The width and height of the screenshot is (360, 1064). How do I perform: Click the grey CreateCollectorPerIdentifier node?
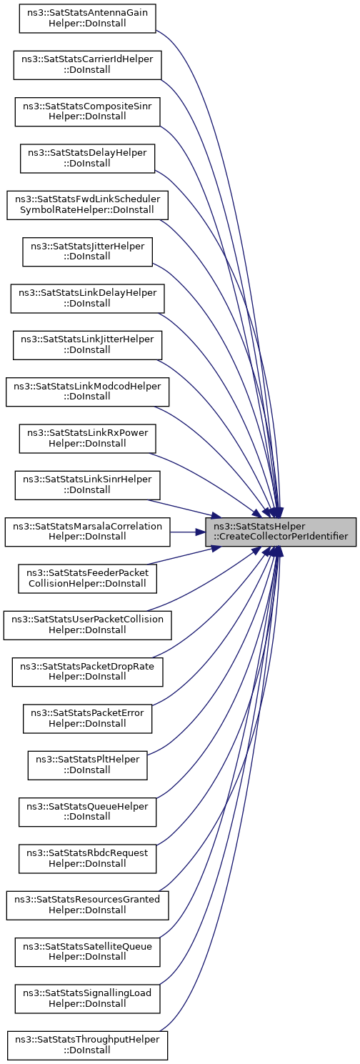(x=281, y=532)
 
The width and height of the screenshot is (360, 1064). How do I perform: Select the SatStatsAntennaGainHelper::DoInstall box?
(x=87, y=19)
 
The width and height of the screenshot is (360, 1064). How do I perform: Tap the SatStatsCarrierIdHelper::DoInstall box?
(x=87, y=65)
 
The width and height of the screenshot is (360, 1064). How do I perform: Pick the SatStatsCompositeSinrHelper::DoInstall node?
(x=87, y=111)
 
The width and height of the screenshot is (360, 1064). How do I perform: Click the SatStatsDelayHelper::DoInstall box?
(x=87, y=158)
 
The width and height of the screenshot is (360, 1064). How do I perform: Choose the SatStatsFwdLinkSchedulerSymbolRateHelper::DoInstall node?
(x=87, y=205)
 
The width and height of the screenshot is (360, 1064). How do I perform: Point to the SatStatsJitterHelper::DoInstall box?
(x=87, y=252)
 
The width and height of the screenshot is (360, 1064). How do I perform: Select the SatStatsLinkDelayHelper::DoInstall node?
(x=87, y=298)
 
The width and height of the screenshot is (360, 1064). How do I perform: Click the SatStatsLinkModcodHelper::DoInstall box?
(x=87, y=392)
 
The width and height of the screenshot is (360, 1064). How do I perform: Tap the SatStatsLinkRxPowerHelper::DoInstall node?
(x=87, y=439)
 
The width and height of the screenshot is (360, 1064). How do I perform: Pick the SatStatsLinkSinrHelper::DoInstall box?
(x=87, y=485)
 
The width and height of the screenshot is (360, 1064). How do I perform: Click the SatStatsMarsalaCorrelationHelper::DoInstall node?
(x=87, y=532)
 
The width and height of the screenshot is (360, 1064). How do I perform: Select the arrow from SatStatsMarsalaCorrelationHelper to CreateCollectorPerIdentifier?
(x=188, y=532)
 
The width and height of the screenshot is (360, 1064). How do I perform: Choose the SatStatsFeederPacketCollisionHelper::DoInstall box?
(x=87, y=579)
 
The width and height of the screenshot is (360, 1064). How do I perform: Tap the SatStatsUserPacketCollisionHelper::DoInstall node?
(x=87, y=625)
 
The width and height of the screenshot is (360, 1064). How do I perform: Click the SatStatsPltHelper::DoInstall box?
(x=87, y=765)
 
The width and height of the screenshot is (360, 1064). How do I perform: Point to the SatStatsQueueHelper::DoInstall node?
(x=87, y=812)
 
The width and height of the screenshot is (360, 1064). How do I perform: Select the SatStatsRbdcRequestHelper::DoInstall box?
(x=87, y=858)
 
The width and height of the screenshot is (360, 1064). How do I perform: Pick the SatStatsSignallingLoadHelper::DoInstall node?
(x=87, y=998)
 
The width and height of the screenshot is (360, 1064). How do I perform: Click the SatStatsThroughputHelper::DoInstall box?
(x=87, y=1045)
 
